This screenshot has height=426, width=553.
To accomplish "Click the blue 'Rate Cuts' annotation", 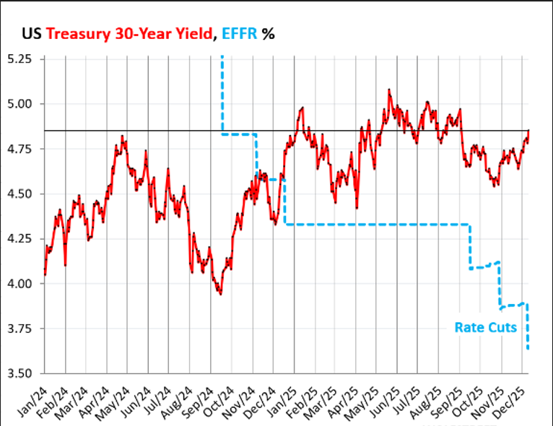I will tap(485, 327).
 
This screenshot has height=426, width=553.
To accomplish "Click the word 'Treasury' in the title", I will tap(77, 33).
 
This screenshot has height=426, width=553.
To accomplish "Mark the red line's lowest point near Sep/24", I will tap(220, 293).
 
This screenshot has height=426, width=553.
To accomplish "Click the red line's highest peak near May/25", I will tap(389, 90).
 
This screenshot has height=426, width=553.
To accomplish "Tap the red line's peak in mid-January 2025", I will tap(301, 108).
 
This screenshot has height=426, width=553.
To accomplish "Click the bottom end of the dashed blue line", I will tap(528, 349).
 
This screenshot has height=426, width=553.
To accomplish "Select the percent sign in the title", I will tap(269, 33).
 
